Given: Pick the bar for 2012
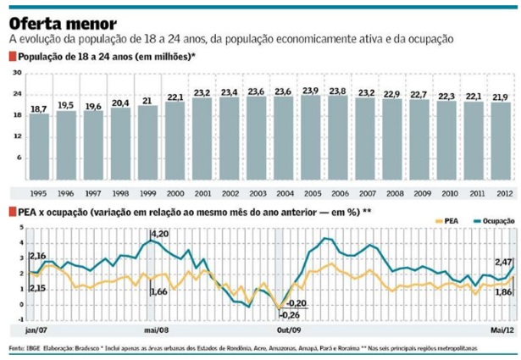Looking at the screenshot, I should point(500,145).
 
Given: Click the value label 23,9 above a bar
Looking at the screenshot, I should point(311,90).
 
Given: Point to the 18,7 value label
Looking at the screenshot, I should point(39,109).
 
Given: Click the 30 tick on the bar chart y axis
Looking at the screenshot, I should point(16,75).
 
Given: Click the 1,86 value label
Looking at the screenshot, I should point(503,292).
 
